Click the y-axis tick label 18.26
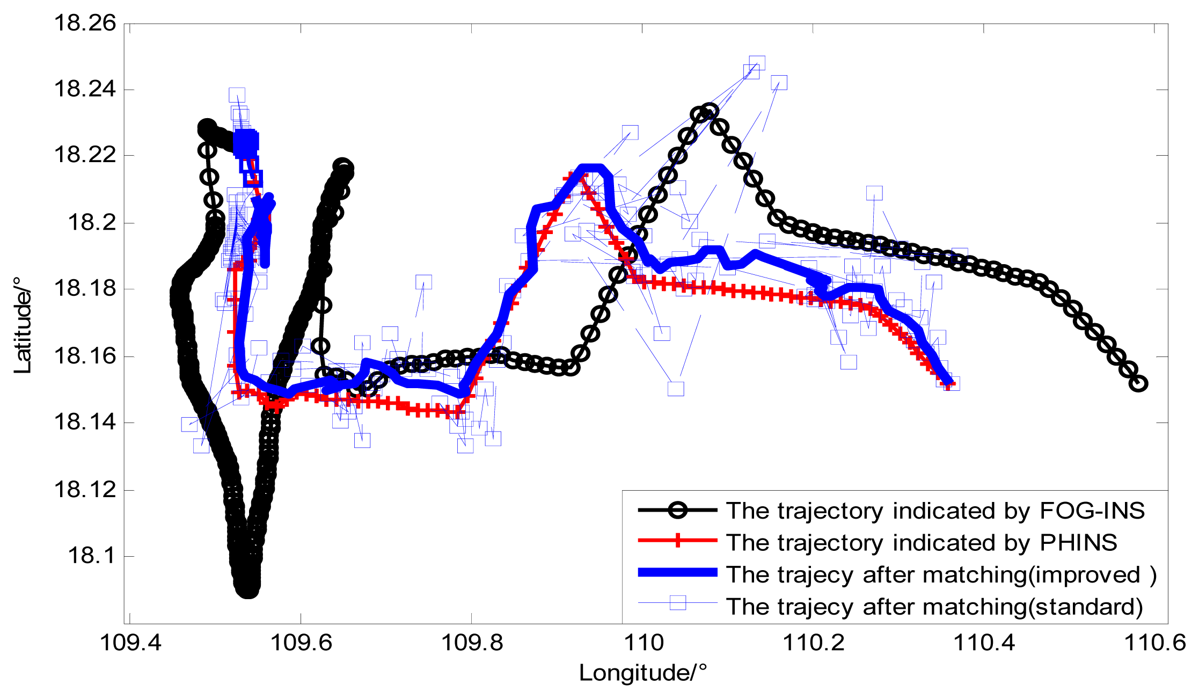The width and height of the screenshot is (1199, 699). coord(85,24)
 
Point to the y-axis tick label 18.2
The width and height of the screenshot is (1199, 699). coord(91,222)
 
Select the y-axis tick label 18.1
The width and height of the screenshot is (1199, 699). coord(91,556)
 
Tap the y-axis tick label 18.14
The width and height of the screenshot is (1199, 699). coord(85,423)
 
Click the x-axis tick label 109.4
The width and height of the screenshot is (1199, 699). coord(130,643)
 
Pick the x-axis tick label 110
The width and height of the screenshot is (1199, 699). coord(643,643)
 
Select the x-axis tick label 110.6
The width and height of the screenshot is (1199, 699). coord(1154,643)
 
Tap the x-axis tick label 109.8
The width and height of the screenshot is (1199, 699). coord(472,643)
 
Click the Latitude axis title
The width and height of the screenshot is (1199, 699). coord(23,326)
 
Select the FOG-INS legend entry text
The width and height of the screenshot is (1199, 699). coord(935,511)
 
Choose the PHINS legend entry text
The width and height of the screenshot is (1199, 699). coord(921,543)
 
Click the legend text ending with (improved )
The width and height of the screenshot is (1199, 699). coord(941,575)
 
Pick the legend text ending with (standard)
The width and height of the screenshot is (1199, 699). coord(934,607)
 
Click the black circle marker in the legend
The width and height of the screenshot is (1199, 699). coord(678,510)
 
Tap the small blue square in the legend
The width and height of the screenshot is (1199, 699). coord(678,603)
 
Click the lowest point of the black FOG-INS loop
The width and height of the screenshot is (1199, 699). coord(247,588)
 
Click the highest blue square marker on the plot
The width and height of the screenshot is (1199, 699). coord(757,64)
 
